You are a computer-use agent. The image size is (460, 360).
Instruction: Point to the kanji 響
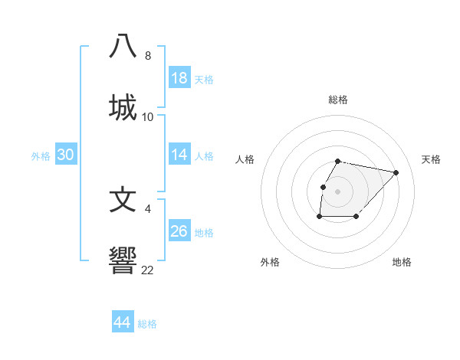click(123, 260)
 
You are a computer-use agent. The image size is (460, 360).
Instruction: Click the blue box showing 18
click(179, 78)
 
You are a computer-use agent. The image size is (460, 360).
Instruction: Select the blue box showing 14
click(179, 155)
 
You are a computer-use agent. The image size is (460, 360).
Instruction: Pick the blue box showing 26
click(179, 231)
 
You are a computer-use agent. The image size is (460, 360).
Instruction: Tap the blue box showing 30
click(66, 155)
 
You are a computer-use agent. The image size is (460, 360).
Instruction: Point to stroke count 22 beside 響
click(147, 270)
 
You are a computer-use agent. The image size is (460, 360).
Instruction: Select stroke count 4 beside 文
click(147, 207)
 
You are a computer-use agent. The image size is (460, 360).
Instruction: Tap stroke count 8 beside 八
click(147, 56)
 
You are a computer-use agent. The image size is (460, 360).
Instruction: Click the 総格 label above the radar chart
click(337, 100)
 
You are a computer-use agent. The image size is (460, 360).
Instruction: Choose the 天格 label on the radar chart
click(431, 159)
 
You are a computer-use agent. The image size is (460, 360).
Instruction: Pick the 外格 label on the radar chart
click(269, 262)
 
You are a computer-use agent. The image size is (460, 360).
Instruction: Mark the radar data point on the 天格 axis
click(396, 172)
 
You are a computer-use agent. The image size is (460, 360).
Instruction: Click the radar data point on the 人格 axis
click(323, 187)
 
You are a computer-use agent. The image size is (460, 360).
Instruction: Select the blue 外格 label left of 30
click(41, 156)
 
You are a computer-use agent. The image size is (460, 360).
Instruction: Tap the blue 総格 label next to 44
click(147, 324)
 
